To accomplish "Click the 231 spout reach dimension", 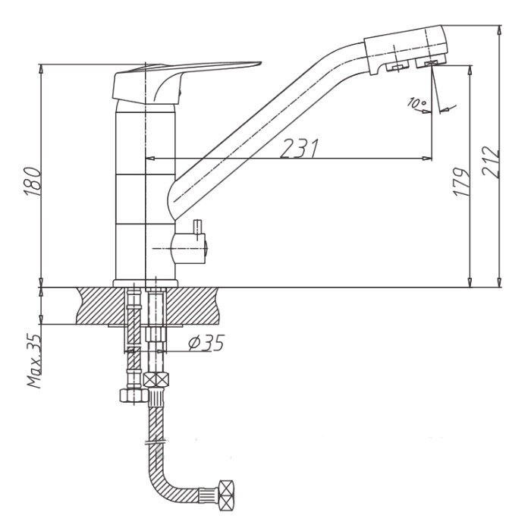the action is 300,149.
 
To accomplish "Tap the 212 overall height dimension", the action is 491,162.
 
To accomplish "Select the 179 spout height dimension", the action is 462,181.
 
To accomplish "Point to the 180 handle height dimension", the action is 33,181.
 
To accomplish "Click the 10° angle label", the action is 417,103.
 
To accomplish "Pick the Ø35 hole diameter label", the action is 206,343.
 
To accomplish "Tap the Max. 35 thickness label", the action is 34,361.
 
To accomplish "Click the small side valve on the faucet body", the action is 190,249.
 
